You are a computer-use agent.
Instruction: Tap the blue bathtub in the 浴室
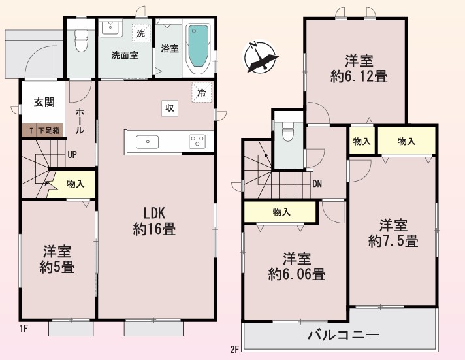[x=198, y=46]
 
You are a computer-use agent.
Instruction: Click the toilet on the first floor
[x=81, y=41]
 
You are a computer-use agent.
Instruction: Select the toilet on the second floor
[x=287, y=131]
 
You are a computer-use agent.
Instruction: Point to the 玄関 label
[x=44, y=103]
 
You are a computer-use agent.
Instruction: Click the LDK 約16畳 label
[x=154, y=221]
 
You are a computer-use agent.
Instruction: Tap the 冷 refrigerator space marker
[x=202, y=93]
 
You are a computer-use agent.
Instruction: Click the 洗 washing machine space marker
[x=141, y=33]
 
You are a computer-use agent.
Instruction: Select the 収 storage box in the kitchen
[x=170, y=108]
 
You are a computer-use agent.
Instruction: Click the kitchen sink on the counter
[x=147, y=142]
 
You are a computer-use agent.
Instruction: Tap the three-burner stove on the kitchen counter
[x=197, y=142]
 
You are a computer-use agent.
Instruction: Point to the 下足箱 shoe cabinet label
[x=48, y=130]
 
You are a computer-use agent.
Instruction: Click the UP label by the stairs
[x=72, y=154]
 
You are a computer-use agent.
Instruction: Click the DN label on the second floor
[x=317, y=184]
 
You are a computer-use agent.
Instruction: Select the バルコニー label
[x=344, y=335]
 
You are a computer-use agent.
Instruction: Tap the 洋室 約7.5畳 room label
[x=393, y=233]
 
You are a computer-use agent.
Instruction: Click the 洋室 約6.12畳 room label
[x=359, y=69]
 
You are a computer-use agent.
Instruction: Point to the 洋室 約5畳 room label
[x=57, y=259]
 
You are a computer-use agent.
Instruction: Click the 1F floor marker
[x=24, y=329]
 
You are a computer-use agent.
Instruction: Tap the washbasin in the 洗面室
[x=110, y=29]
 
